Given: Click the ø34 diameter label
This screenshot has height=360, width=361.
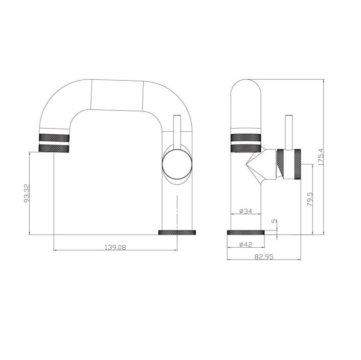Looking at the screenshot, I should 246,211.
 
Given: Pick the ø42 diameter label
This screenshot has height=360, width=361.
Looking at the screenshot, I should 246,245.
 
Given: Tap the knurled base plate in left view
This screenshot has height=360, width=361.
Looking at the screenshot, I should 177,233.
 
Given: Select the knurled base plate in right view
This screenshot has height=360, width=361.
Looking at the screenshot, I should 246,233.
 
